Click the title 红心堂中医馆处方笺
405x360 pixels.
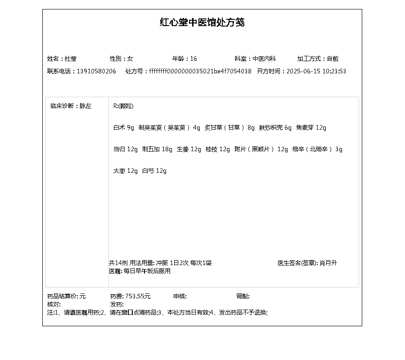202,22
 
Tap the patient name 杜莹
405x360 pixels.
71,59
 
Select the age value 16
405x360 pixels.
193,59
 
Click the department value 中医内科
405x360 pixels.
264,59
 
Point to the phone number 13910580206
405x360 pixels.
96,72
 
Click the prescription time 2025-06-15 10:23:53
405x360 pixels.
316,72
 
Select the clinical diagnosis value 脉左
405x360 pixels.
85,106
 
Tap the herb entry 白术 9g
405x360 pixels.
124,128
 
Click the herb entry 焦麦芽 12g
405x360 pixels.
311,128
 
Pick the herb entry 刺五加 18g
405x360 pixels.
157,149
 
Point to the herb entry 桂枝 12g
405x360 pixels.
218,149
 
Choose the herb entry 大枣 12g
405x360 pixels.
126,171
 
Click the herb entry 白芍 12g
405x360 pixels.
154,171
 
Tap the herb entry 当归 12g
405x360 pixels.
126,149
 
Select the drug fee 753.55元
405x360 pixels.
138,297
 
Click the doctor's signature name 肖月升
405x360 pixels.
328,263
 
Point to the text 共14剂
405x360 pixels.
118,263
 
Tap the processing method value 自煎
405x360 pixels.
333,59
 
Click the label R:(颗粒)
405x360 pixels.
123,106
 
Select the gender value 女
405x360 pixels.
130,59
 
